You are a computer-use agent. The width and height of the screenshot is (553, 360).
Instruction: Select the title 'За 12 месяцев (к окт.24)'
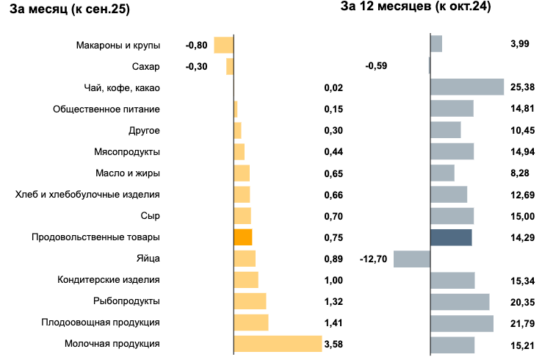pos(415,7)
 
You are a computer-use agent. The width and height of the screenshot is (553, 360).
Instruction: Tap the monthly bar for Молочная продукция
pos(278,344)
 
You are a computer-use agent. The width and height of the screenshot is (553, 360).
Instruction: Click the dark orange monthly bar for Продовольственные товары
pos(243,237)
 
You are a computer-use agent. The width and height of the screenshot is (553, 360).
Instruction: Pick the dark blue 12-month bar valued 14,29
pos(451,237)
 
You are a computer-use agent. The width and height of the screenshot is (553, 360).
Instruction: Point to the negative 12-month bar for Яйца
pos(411,259)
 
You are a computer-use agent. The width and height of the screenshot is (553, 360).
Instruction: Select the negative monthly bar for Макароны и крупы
pos(223,45)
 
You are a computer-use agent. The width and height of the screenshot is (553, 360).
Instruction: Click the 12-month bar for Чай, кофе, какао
pos(467,87)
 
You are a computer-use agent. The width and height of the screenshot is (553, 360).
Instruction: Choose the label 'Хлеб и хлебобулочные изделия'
pos(87,195)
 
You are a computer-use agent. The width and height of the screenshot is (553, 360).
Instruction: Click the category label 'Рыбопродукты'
pos(126,301)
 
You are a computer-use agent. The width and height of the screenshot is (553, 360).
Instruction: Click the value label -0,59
pos(376,66)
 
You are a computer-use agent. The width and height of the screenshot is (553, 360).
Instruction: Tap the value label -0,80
pos(197,45)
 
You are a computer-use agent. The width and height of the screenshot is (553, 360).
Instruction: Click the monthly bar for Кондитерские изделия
pos(246,280)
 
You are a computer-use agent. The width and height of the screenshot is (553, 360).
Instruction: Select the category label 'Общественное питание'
pos(106,109)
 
